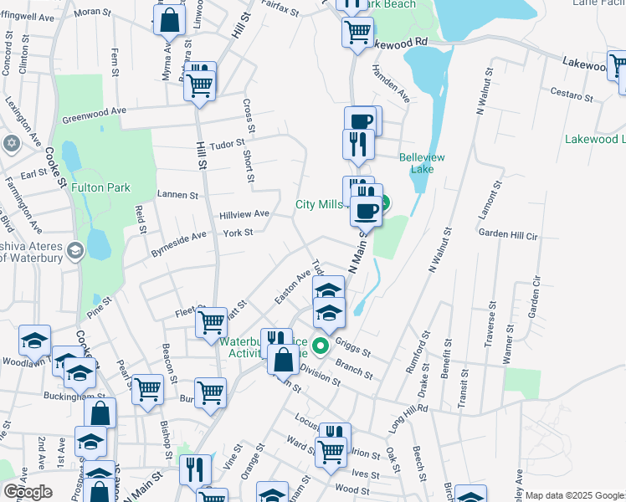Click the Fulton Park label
(x=100, y=188)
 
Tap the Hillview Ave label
(x=244, y=214)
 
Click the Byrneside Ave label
(x=177, y=239)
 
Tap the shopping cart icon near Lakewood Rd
(x=357, y=33)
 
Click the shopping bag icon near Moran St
(x=169, y=21)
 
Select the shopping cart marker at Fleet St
(x=212, y=321)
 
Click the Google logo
(x=28, y=492)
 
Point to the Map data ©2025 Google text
(x=573, y=495)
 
